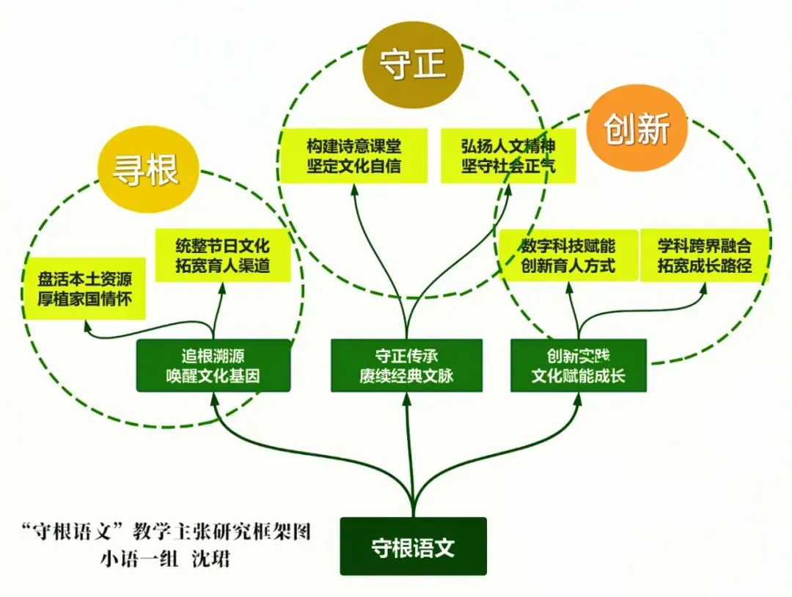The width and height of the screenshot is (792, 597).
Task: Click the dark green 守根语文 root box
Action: point(413,547)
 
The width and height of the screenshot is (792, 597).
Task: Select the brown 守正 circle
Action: point(414,65)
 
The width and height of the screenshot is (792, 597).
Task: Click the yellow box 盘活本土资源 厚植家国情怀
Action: point(84,289)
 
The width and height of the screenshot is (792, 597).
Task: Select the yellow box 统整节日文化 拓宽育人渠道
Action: point(223,254)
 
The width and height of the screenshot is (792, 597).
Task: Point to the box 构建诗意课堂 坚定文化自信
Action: point(354,155)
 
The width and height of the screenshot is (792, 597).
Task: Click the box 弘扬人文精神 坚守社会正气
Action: point(507,155)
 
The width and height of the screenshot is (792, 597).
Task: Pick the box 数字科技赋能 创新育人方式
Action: point(568,254)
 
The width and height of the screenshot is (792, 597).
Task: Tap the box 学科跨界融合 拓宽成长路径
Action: point(704,254)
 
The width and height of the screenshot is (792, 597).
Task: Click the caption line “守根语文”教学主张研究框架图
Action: point(166,530)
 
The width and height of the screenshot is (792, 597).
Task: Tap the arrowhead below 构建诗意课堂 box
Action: point(355,188)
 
